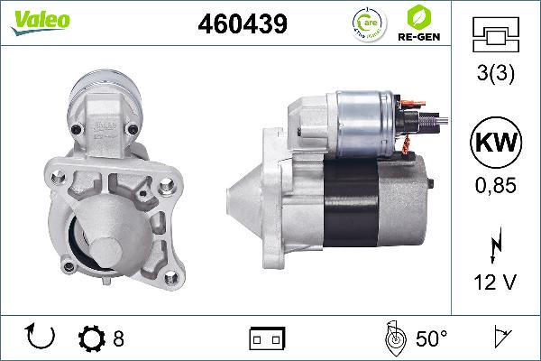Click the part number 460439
243,24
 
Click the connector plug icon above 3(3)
496,37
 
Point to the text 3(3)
496,78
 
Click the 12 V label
496,282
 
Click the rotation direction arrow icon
41,338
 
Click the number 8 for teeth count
118,339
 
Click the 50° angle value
432,339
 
